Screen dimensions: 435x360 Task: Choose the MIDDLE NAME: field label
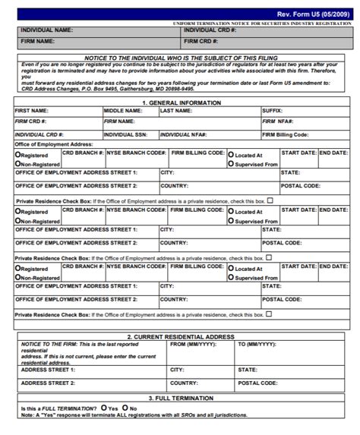[x=124, y=110]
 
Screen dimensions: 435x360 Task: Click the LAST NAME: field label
[x=176, y=110]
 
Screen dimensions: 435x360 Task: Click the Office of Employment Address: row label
[x=53, y=143]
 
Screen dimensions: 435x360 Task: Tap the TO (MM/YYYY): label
[x=257, y=344]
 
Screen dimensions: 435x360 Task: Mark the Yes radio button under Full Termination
[x=103, y=408]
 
